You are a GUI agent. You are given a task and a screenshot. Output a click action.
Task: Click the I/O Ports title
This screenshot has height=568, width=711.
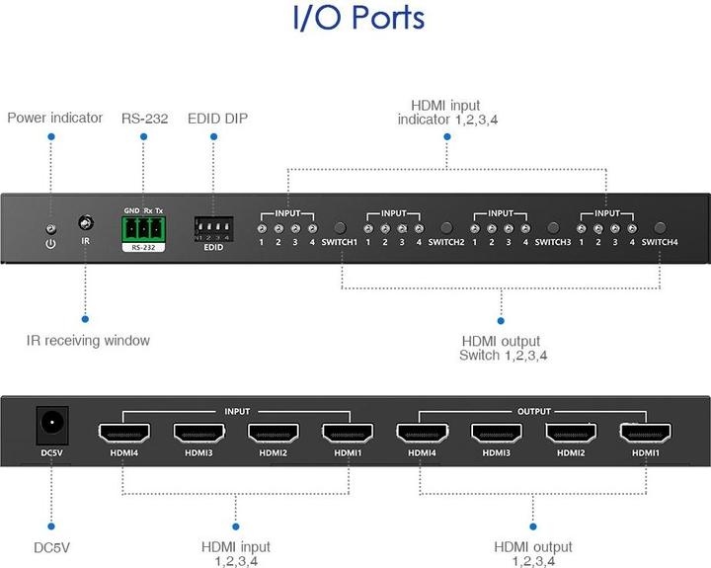coord(358,19)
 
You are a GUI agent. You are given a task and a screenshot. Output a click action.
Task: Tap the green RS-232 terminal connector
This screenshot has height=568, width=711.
coord(143,229)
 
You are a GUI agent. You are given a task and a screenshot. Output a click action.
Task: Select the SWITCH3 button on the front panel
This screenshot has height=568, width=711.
coord(553,227)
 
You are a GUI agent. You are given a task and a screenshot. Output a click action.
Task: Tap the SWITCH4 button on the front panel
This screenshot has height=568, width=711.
coord(660,227)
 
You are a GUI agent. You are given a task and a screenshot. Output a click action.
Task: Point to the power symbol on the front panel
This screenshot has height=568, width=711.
coord(49,241)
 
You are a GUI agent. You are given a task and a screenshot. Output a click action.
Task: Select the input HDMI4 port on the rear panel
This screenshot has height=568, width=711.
coord(125,432)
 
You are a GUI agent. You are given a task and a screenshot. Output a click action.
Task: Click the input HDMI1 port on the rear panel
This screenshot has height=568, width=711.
coord(348,432)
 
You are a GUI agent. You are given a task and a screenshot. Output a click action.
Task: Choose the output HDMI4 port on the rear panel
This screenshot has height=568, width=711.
coord(422,432)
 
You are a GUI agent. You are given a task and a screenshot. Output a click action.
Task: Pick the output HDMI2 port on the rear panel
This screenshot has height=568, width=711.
coord(571,432)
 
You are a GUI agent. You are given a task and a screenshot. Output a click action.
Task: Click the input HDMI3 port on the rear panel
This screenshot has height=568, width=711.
coord(199,432)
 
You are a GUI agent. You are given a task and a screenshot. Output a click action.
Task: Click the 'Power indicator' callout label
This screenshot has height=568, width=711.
coord(54,118)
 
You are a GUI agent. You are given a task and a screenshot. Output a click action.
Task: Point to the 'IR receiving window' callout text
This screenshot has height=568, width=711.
coord(88,341)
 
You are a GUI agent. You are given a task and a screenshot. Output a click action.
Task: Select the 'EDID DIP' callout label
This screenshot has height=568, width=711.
coord(217,119)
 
